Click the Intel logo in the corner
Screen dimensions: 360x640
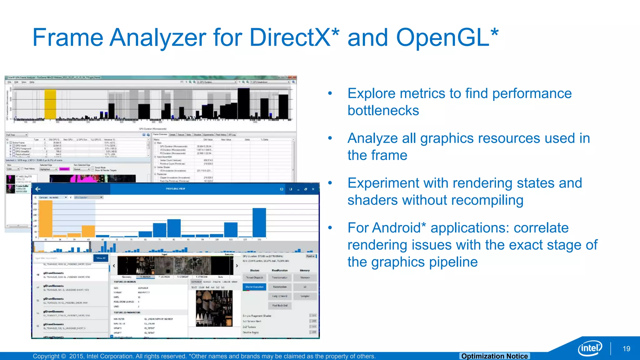tap(590, 348)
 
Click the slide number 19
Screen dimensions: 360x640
tap(626, 349)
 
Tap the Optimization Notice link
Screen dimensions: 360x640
tap(494, 356)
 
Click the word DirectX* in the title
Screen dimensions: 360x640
tap(294, 37)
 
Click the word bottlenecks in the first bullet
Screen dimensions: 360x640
tap(383, 111)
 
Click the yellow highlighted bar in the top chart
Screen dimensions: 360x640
tap(50, 104)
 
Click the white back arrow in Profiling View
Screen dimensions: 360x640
tap(38, 189)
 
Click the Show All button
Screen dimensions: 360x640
tap(101, 258)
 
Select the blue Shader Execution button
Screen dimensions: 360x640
tap(254, 287)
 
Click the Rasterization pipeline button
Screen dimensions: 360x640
tap(280, 287)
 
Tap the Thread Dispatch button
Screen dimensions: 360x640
tap(254, 277)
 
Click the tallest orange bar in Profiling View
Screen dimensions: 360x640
tap(46, 219)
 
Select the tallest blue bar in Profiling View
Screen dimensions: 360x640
tap(259, 222)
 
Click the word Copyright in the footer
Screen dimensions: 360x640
tap(46, 356)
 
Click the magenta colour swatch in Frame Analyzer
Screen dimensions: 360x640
tap(64, 169)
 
